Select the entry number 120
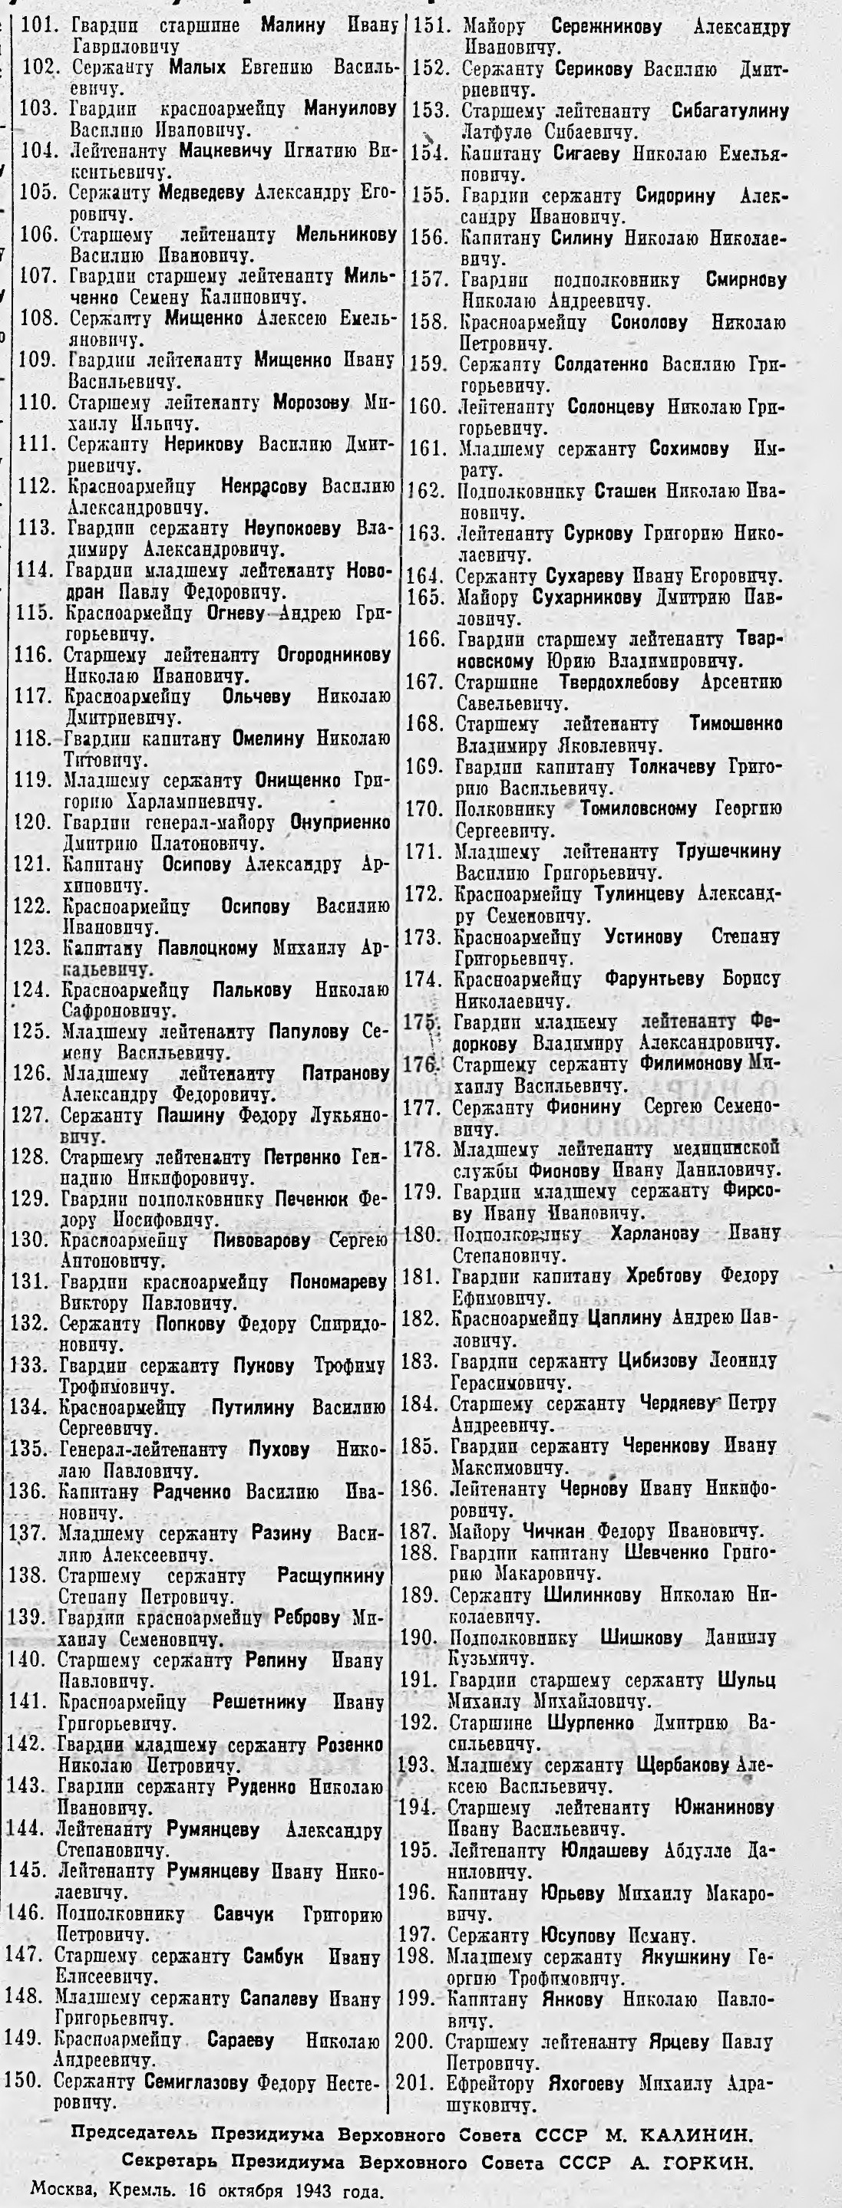tap(36, 823)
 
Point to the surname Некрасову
tap(263, 488)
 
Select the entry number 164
tap(425, 577)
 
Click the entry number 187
tap(419, 1531)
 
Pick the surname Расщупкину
tap(331, 1575)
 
